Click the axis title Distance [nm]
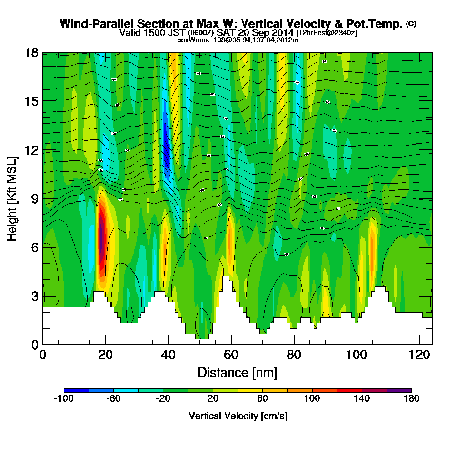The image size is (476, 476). [x=238, y=372]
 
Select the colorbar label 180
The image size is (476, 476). [x=411, y=399]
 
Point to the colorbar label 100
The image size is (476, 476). [x=312, y=399]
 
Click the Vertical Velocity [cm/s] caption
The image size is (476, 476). [x=238, y=416]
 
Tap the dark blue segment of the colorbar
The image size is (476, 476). [x=76, y=390]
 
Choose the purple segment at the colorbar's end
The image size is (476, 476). [x=399, y=390]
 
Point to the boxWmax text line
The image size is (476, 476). [x=238, y=40]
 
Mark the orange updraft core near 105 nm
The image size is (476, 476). [x=372, y=243]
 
